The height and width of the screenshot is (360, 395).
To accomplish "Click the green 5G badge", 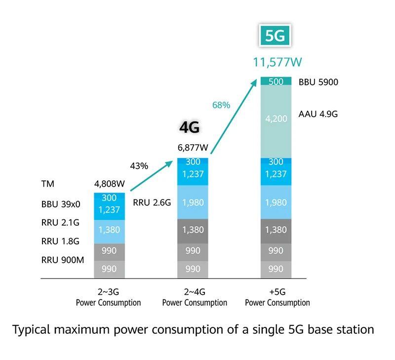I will tap(275, 36).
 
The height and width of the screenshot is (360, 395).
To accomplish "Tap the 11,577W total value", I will tap(277, 62).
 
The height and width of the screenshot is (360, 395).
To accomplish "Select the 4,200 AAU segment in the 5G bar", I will tap(276, 119).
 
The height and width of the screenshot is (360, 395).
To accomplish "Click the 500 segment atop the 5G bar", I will tap(276, 81).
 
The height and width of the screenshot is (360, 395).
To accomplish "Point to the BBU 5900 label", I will tap(318, 82).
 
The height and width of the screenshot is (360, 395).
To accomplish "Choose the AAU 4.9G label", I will tap(318, 114).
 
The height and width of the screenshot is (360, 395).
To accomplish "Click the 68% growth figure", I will tap(221, 105).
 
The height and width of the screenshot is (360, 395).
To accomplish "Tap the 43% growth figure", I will tap(139, 166).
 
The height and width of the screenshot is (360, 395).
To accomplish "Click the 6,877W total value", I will tap(193, 148).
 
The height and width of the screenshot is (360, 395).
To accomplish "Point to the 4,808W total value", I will tap(110, 184).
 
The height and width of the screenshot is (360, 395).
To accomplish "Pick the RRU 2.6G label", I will tap(152, 202).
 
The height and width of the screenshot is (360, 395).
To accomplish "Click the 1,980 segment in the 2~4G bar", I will tap(193, 202).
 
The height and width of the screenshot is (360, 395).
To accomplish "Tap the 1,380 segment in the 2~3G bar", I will tap(109, 230).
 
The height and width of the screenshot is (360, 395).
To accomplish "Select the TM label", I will tap(47, 184).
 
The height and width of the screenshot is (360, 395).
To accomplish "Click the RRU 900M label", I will tap(63, 259).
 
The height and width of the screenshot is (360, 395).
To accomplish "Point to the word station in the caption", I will tap(354, 329).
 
